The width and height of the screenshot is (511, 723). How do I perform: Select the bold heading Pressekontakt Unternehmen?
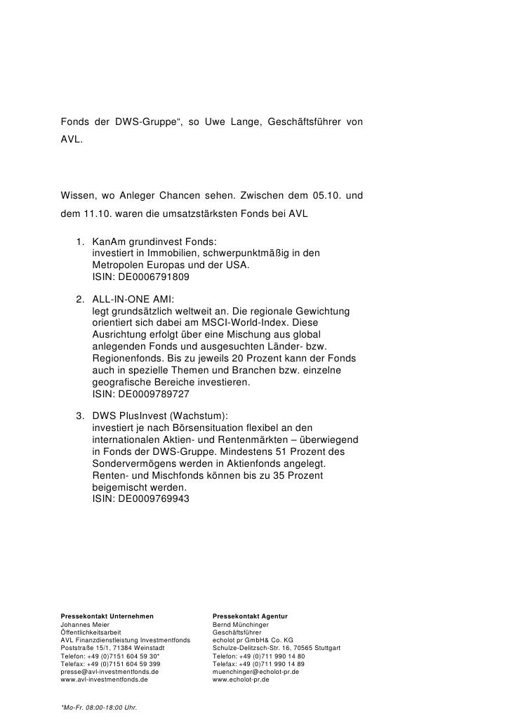click(107, 616)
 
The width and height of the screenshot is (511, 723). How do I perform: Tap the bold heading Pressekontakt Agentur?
click(250, 616)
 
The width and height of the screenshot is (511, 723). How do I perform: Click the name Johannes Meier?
click(86, 625)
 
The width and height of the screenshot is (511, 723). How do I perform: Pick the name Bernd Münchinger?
click(240, 625)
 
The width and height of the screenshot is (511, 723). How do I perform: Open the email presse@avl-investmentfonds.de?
click(109, 672)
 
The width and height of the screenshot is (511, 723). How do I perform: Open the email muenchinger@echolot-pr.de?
click(255, 672)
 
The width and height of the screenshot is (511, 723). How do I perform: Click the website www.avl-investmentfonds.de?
click(105, 679)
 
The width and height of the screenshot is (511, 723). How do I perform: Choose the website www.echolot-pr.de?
click(241, 679)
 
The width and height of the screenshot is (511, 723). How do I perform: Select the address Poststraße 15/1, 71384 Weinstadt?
click(113, 648)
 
